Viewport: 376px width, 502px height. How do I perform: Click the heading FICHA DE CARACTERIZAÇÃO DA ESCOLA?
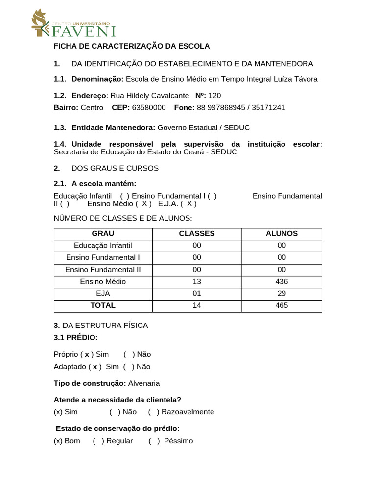pyautogui.click(x=131, y=46)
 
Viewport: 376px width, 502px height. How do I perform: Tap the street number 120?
pyautogui.click(x=214, y=96)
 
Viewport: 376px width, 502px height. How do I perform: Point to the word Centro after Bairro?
pyautogui.click(x=92, y=107)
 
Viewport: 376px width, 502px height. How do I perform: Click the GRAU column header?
pyautogui.click(x=103, y=234)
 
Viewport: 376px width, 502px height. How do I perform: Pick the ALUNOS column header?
pyautogui.click(x=282, y=234)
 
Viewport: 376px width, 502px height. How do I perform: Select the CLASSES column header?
pyautogui.click(x=197, y=234)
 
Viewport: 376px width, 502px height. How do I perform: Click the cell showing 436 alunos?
pyautogui.click(x=282, y=281)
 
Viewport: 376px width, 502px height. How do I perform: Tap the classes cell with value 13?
pyautogui.click(x=197, y=281)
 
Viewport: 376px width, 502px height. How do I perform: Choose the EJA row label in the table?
pyautogui.click(x=103, y=294)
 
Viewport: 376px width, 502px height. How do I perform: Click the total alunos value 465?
pyautogui.click(x=282, y=305)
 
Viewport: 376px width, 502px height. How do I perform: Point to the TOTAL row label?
pyautogui.click(x=103, y=305)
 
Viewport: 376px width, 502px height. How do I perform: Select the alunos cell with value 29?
pyautogui.click(x=282, y=294)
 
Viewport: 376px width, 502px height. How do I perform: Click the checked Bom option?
pyautogui.click(x=67, y=441)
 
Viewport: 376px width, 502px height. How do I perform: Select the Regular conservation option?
pyautogui.click(x=114, y=441)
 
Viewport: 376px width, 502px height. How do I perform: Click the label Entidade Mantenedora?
pyautogui.click(x=113, y=127)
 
